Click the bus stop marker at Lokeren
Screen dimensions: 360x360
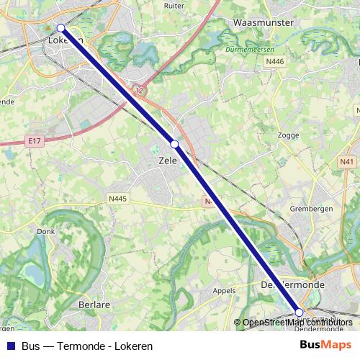[x=61, y=28]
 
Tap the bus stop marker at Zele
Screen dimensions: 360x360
[x=174, y=144]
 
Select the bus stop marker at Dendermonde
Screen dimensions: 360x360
[x=300, y=312]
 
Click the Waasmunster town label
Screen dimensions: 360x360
[x=264, y=23]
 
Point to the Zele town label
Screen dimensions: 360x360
[x=167, y=161]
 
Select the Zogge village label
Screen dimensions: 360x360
[x=288, y=135]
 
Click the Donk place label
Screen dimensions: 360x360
[x=46, y=232]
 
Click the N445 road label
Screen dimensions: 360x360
[x=117, y=199]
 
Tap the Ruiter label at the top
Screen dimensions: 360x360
[x=174, y=4]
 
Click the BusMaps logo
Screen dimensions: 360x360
[x=325, y=346]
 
